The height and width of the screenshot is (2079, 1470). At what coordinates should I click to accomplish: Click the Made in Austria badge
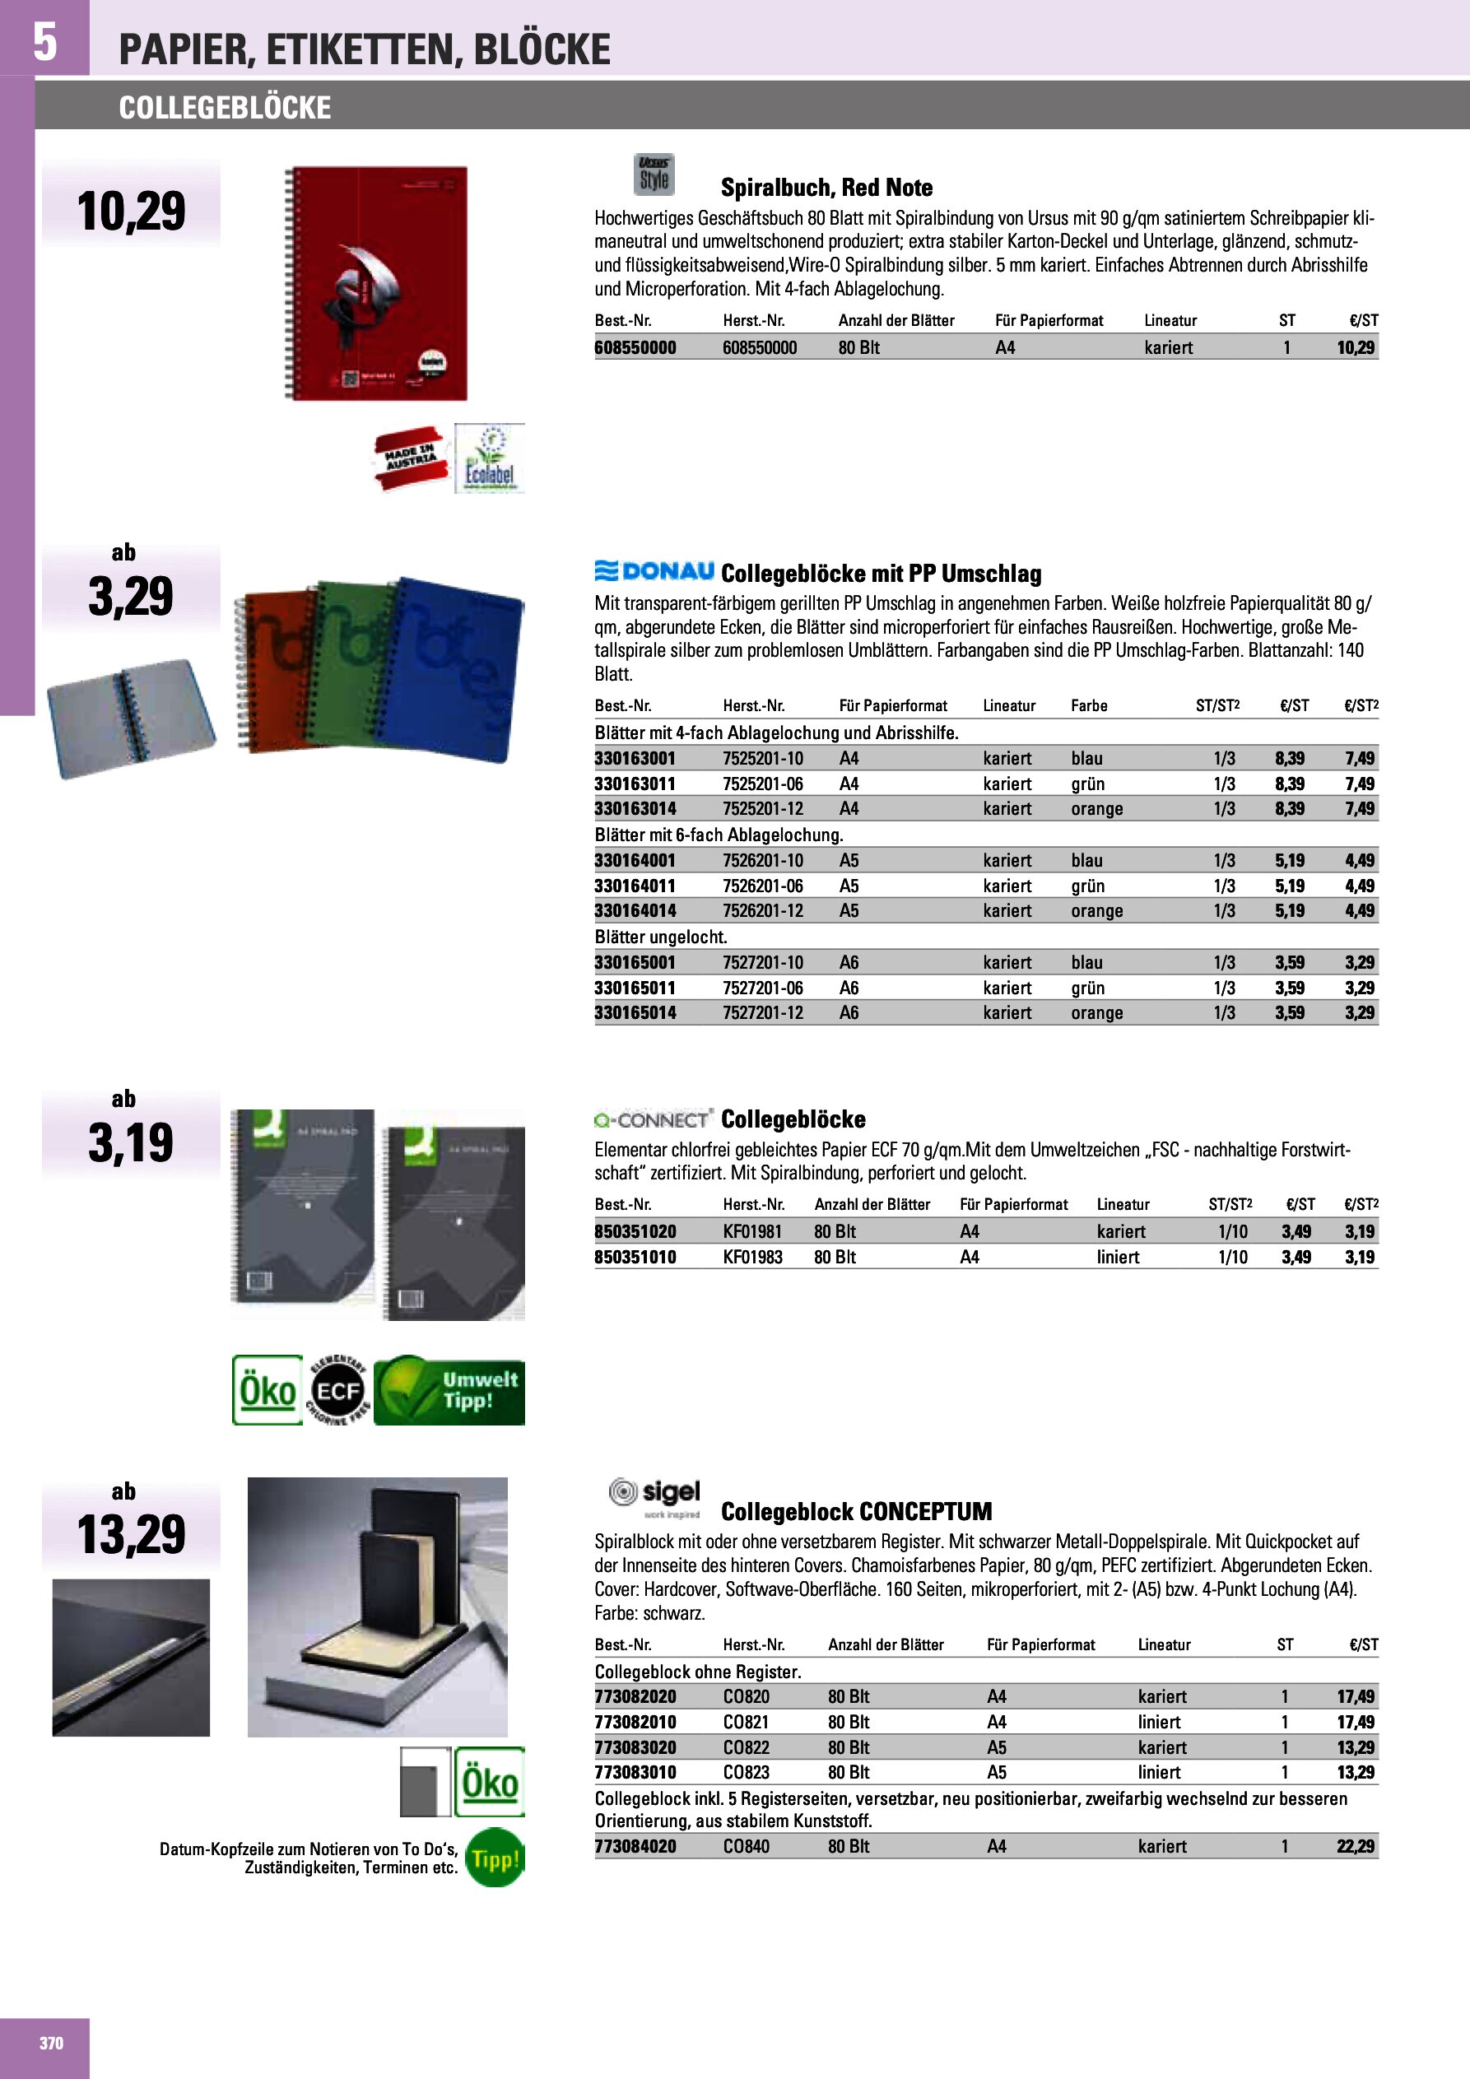tap(410, 458)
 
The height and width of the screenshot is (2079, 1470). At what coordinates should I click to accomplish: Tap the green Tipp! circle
tap(495, 1859)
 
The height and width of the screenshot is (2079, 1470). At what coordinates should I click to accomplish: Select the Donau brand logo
tap(654, 571)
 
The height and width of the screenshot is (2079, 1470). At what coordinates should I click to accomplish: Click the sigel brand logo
tap(655, 1497)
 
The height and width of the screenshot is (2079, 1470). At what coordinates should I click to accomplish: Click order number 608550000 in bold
tap(635, 347)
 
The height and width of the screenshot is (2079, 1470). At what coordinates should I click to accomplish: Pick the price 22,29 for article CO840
tap(1355, 1846)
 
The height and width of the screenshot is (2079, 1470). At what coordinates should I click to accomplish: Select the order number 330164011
tap(635, 886)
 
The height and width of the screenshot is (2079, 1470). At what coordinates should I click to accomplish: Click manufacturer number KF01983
tap(751, 1257)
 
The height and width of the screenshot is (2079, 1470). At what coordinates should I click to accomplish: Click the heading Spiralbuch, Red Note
tap(826, 188)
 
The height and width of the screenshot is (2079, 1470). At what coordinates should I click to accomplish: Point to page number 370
tap(52, 2043)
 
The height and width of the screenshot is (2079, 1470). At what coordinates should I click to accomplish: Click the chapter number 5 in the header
tap(44, 41)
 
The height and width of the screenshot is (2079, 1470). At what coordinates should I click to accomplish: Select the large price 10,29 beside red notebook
tap(132, 211)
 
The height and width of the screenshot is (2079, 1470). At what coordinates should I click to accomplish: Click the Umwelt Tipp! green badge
tap(449, 1390)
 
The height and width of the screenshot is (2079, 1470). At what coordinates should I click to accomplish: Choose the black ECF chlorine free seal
tap(337, 1390)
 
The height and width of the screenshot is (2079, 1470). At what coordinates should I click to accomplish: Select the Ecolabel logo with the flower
tap(489, 458)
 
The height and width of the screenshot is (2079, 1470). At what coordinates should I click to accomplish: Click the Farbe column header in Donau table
tap(1089, 705)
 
